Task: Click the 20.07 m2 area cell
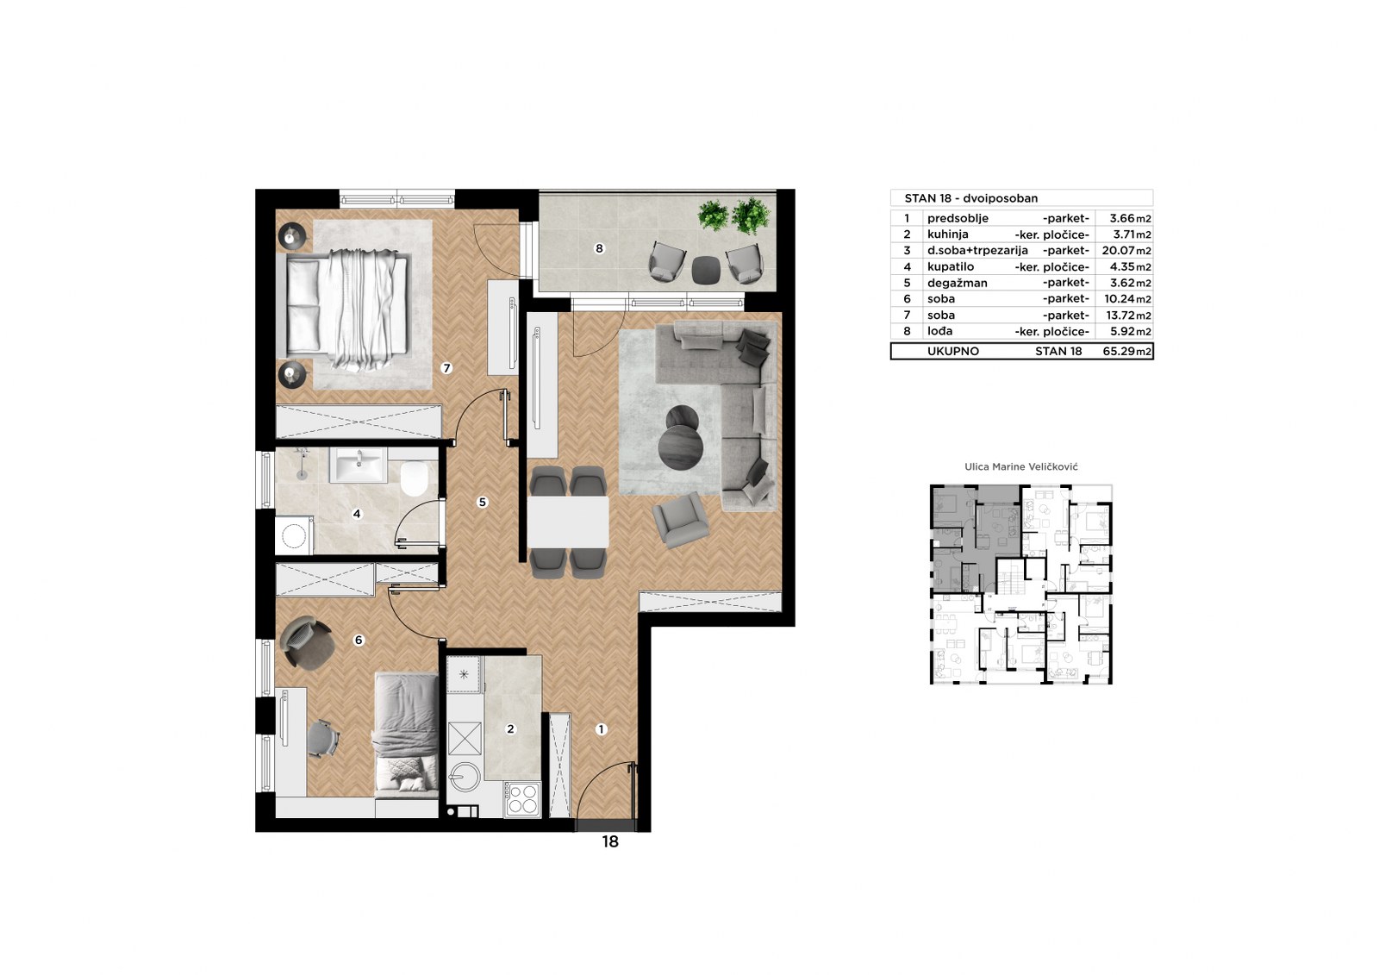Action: (x=1126, y=251)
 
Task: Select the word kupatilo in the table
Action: (x=949, y=267)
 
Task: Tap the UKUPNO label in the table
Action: (x=953, y=351)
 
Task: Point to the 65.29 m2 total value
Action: (x=1126, y=352)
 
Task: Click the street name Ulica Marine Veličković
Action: (x=1020, y=467)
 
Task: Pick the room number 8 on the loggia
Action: (x=599, y=248)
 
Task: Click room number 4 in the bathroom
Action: (x=357, y=514)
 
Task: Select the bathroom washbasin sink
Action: (x=359, y=465)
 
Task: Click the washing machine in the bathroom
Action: (x=294, y=536)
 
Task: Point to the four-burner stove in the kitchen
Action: (x=522, y=799)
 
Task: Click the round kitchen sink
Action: (x=464, y=777)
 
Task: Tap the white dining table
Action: (x=568, y=522)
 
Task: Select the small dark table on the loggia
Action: (x=706, y=269)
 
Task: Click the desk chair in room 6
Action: (x=324, y=739)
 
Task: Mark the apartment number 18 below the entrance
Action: (x=610, y=842)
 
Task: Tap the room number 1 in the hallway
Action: (x=601, y=729)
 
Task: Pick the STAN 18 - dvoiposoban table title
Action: (x=970, y=198)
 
